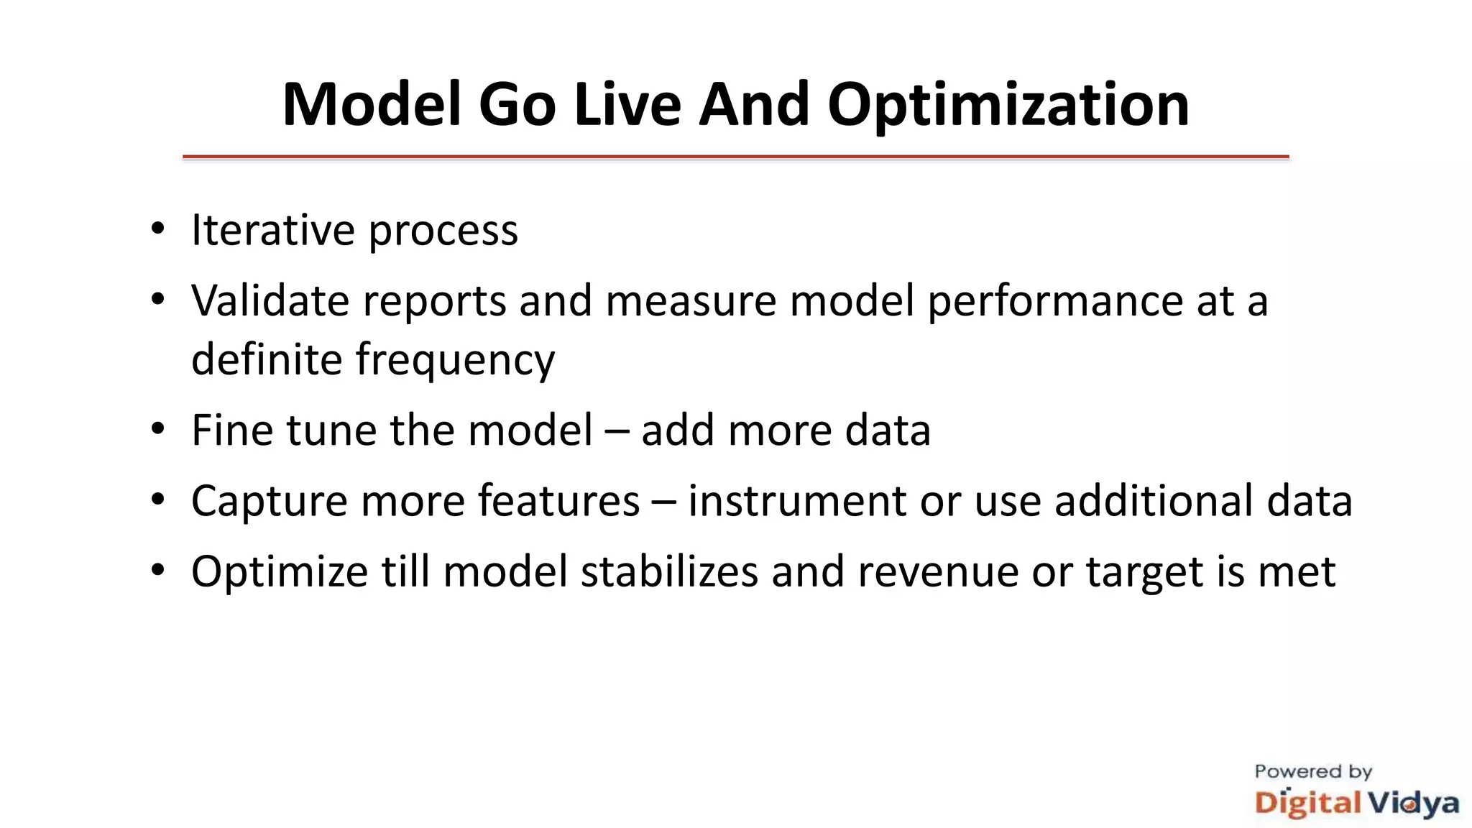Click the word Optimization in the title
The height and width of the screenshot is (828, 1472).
pyautogui.click(x=1008, y=106)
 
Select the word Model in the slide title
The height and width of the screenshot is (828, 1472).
pyautogui.click(x=372, y=105)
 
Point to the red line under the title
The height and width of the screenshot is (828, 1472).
pyautogui.click(x=735, y=156)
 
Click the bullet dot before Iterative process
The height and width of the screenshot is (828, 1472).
pyautogui.click(x=158, y=229)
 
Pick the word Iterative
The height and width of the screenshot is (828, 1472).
pyautogui.click(x=272, y=230)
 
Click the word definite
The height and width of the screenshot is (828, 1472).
pyautogui.click(x=267, y=359)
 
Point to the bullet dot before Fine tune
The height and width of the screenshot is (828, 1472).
pyautogui.click(x=158, y=429)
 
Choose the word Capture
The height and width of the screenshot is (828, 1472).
pyautogui.click(x=270, y=501)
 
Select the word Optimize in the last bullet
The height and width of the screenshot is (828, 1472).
pyautogui.click(x=280, y=573)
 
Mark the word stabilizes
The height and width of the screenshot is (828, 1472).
pyautogui.click(x=669, y=571)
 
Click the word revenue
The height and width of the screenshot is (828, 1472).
pyautogui.click(x=938, y=572)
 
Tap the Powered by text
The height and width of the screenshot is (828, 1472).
pyautogui.click(x=1313, y=772)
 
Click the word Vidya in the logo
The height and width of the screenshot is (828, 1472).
pyautogui.click(x=1412, y=803)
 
